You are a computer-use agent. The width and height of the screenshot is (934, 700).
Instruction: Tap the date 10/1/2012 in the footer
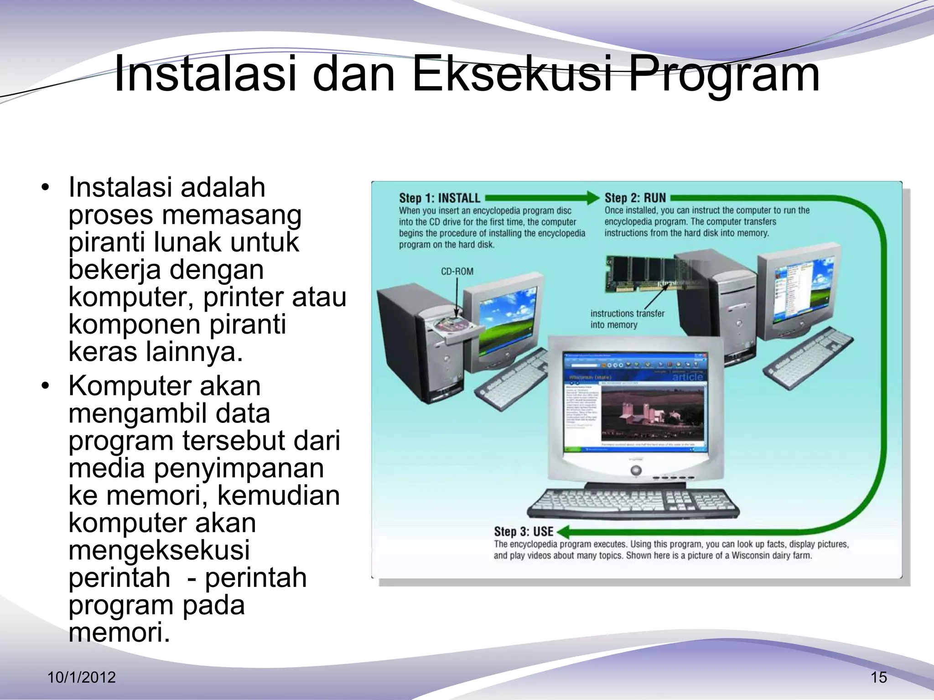82,677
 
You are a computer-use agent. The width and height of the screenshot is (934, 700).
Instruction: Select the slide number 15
878,678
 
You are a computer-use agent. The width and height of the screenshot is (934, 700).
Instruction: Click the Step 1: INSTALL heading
439,198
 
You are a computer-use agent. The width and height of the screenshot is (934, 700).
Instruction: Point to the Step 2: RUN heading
635,198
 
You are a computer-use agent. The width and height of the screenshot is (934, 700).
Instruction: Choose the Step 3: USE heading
523,531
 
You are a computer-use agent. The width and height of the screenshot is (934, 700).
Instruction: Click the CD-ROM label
457,272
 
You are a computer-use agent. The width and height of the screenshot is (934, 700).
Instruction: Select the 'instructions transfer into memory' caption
627,319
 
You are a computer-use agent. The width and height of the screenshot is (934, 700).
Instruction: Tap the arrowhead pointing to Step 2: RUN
593,198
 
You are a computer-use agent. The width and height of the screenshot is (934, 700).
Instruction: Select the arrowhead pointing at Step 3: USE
563,531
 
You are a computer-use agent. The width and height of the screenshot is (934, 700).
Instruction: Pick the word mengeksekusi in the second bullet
159,551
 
